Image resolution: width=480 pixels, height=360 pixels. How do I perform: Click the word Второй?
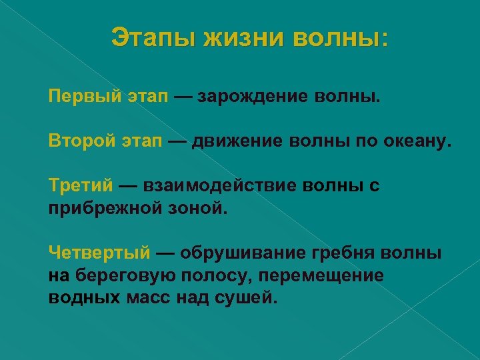click(82, 141)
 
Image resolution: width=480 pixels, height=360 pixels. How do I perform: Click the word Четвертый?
click(99, 253)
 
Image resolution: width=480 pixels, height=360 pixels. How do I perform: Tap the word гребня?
click(357, 253)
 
